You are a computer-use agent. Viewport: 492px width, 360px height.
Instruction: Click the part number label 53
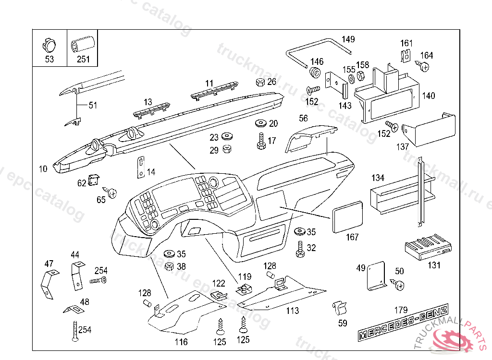(x=49, y=59)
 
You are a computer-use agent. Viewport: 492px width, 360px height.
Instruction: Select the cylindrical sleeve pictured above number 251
(x=83, y=44)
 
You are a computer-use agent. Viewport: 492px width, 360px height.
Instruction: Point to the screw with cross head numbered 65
(x=113, y=193)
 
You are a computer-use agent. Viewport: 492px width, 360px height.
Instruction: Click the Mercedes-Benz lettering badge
(x=404, y=323)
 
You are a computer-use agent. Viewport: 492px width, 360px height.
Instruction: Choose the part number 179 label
(x=401, y=310)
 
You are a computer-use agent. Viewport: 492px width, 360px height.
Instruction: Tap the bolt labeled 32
(x=300, y=248)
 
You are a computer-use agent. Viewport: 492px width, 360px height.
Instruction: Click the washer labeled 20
(x=261, y=123)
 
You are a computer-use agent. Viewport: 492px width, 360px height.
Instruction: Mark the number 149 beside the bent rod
(x=348, y=39)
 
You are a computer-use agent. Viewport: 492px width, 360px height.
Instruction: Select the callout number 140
(x=428, y=96)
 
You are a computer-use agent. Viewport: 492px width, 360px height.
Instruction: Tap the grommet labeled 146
(x=316, y=72)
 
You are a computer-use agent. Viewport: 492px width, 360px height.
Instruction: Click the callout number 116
(x=181, y=342)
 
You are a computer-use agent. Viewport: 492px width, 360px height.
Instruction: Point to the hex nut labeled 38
(x=169, y=265)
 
